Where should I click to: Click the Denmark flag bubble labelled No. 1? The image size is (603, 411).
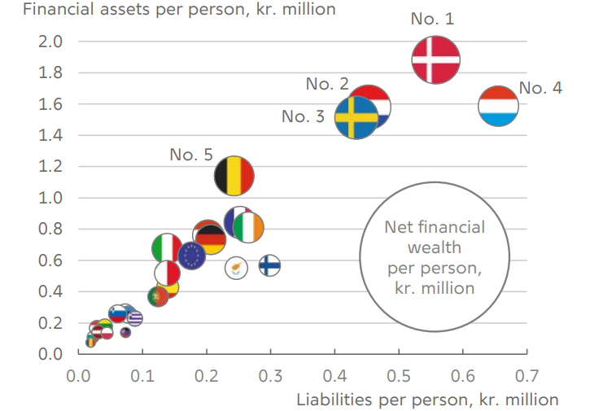point(436,59)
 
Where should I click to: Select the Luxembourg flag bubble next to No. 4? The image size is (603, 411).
point(499,107)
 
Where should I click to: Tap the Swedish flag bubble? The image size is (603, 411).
point(356,118)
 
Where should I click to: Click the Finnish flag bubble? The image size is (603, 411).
point(270,265)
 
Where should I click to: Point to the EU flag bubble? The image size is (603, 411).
point(192,256)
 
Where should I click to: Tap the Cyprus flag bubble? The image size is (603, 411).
point(236,267)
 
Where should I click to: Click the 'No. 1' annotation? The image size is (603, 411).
point(432,20)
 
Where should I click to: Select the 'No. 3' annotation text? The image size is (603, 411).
point(308,117)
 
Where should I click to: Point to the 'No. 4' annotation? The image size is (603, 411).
point(540,89)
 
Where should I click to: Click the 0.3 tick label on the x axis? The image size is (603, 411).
point(270,377)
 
